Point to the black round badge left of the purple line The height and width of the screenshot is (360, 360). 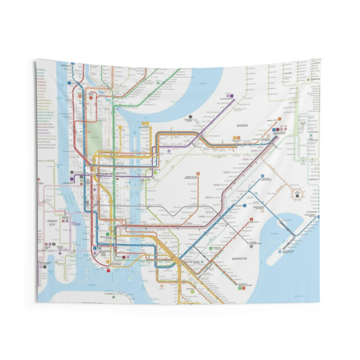[x=189, y=115]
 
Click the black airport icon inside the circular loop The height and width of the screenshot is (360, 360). [x=296, y=193]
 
